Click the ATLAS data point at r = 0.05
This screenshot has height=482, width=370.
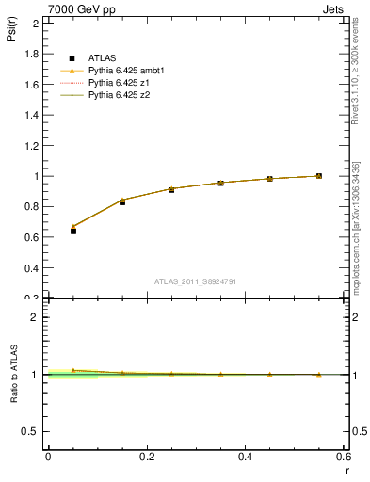[72, 231]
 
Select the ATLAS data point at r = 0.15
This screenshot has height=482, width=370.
[122, 201]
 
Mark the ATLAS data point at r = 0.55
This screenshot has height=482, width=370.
[319, 176]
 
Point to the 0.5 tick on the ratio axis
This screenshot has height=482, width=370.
[34, 431]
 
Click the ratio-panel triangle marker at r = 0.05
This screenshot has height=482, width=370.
[72, 370]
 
